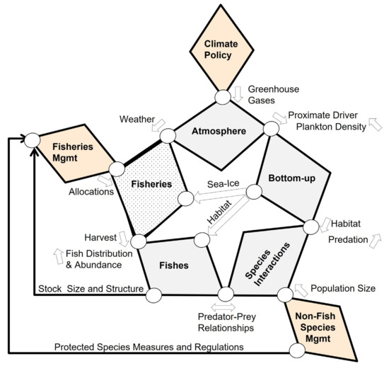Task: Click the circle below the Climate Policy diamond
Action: coord(222,96)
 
